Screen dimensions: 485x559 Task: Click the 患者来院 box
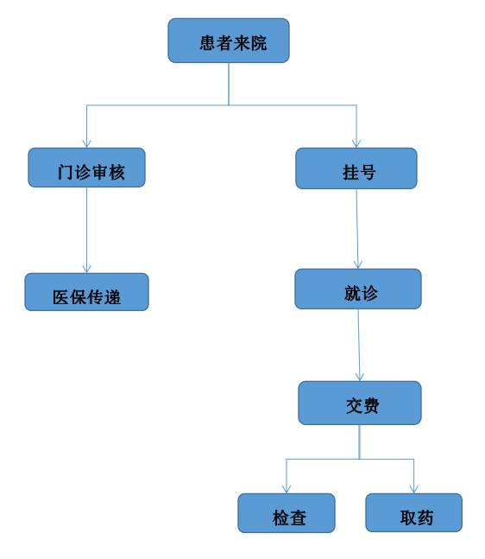click(x=229, y=41)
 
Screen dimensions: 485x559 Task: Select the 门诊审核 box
click(x=86, y=168)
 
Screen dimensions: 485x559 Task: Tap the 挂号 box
click(x=356, y=168)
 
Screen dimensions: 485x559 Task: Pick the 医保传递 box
click(x=86, y=292)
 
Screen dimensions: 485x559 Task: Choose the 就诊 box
click(x=358, y=289)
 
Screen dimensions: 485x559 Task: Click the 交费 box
click(x=360, y=403)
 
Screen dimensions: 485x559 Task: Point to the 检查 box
click(x=287, y=513)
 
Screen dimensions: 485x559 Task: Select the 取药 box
click(x=413, y=512)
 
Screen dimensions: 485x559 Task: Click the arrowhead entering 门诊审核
click(x=86, y=143)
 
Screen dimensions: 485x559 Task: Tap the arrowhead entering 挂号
click(x=356, y=143)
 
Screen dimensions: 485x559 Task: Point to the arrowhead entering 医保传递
click(x=86, y=269)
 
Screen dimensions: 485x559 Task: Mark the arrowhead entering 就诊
click(x=358, y=264)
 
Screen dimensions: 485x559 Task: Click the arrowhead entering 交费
click(x=360, y=377)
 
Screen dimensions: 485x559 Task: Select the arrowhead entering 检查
click(x=287, y=489)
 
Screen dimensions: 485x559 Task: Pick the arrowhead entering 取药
click(x=413, y=489)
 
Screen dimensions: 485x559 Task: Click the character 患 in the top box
click(x=208, y=43)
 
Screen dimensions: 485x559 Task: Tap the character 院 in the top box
click(x=259, y=43)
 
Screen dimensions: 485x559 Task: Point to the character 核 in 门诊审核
click(x=117, y=172)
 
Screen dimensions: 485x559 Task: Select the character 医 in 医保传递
click(x=60, y=297)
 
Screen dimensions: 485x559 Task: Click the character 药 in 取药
click(x=425, y=518)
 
